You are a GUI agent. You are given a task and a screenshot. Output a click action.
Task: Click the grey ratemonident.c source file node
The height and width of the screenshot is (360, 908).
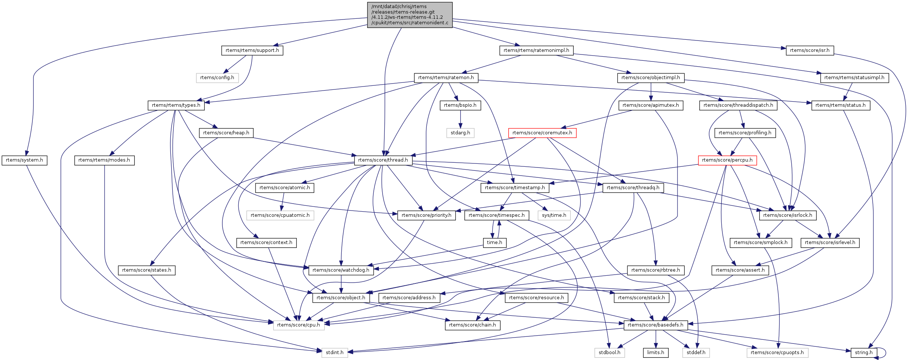click(x=409, y=15)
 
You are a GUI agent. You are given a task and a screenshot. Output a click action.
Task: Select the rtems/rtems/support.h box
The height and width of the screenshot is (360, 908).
click(x=252, y=50)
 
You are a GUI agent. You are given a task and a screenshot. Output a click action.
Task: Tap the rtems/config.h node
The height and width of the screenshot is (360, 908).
click(x=217, y=78)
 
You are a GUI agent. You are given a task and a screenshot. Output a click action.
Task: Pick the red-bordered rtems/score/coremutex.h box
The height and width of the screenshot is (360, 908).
click(x=542, y=133)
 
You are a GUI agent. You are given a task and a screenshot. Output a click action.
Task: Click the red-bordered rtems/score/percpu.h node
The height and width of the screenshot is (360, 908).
click(x=727, y=160)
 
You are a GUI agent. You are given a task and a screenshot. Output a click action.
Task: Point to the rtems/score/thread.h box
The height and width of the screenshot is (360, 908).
click(x=383, y=160)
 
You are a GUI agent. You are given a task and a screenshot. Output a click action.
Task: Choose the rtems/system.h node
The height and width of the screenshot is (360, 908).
click(x=24, y=160)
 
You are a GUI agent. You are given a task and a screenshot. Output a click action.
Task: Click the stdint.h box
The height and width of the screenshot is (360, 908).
click(x=334, y=353)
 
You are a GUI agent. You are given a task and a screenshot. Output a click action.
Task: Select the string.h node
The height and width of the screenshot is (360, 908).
click(x=863, y=353)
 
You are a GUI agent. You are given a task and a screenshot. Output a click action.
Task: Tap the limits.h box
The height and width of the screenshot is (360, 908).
click(x=655, y=353)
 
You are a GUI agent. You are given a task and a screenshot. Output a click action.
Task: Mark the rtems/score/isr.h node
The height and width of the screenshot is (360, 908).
click(x=810, y=50)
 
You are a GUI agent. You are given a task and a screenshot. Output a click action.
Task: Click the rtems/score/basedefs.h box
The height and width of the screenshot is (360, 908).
click(x=655, y=325)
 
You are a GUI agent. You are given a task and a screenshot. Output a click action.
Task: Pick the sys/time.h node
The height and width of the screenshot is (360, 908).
click(x=554, y=215)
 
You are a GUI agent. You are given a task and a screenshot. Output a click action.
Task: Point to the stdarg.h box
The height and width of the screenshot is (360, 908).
click(x=460, y=133)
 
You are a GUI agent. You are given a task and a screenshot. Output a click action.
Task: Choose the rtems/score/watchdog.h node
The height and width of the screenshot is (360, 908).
click(x=341, y=270)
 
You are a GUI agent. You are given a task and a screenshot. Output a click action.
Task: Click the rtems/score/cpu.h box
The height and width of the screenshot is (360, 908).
click(x=299, y=325)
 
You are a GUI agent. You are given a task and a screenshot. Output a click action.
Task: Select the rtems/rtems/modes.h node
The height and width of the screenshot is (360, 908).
click(x=104, y=160)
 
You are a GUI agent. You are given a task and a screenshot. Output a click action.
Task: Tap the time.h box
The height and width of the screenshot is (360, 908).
click(x=495, y=243)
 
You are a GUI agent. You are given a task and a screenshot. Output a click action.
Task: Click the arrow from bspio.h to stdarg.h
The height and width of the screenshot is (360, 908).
click(x=460, y=119)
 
